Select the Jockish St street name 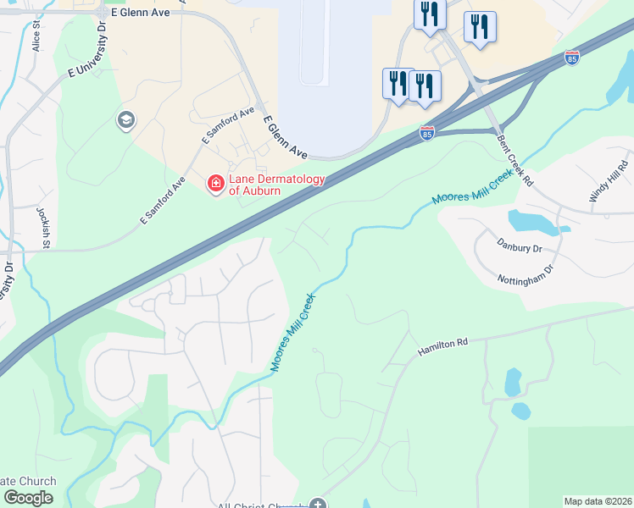click(x=42, y=227)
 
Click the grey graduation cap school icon click(x=125, y=120)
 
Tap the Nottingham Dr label click(x=526, y=274)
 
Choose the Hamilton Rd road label click(x=442, y=345)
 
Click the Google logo click(x=28, y=498)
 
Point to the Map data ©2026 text click(x=598, y=501)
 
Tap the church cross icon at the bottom click(x=317, y=505)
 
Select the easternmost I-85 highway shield click(x=572, y=58)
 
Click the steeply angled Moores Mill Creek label click(x=292, y=334)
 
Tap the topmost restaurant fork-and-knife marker click(x=430, y=14)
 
